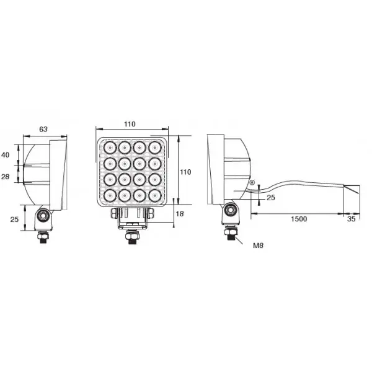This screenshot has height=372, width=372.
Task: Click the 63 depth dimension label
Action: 43,130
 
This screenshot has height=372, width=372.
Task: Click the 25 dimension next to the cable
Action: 270,198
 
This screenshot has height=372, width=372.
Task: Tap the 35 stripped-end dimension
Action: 352,219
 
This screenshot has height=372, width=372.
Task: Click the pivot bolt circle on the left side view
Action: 43,215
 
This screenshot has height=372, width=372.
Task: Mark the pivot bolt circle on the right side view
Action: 231,210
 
